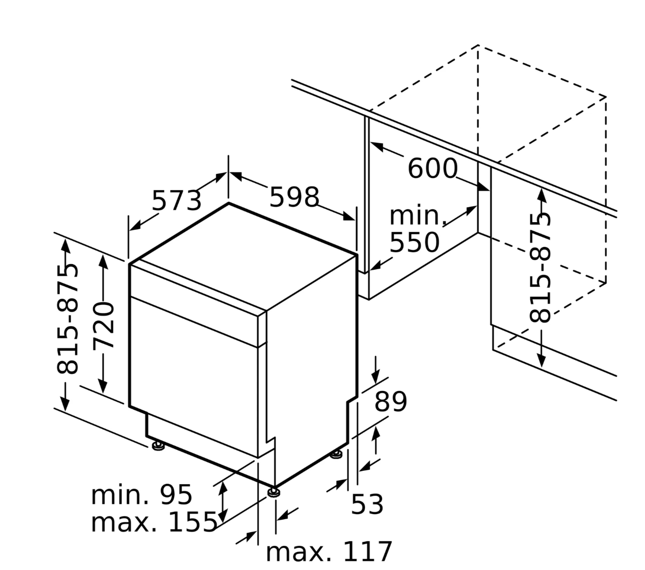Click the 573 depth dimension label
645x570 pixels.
pyautogui.click(x=177, y=201)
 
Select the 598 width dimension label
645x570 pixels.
pyautogui.click(x=294, y=197)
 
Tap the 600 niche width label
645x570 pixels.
pyautogui.click(x=433, y=168)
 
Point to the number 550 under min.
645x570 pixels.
pyautogui.click(x=414, y=242)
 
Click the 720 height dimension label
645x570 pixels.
pyautogui.click(x=104, y=327)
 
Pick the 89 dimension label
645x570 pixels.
pyautogui.click(x=391, y=402)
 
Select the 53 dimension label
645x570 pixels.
pyautogui.click(x=367, y=504)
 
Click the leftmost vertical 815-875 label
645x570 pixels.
pyautogui.click(x=67, y=319)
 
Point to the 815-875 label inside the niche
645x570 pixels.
pyautogui.click(x=540, y=268)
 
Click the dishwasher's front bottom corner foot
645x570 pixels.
pyautogui.click(x=274, y=492)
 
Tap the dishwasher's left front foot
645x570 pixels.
pyautogui.click(x=158, y=446)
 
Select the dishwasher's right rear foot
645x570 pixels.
pyautogui.click(x=336, y=454)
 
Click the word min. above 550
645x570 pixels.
pyautogui.click(x=418, y=216)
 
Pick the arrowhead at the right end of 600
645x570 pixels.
pyautogui.click(x=483, y=187)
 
